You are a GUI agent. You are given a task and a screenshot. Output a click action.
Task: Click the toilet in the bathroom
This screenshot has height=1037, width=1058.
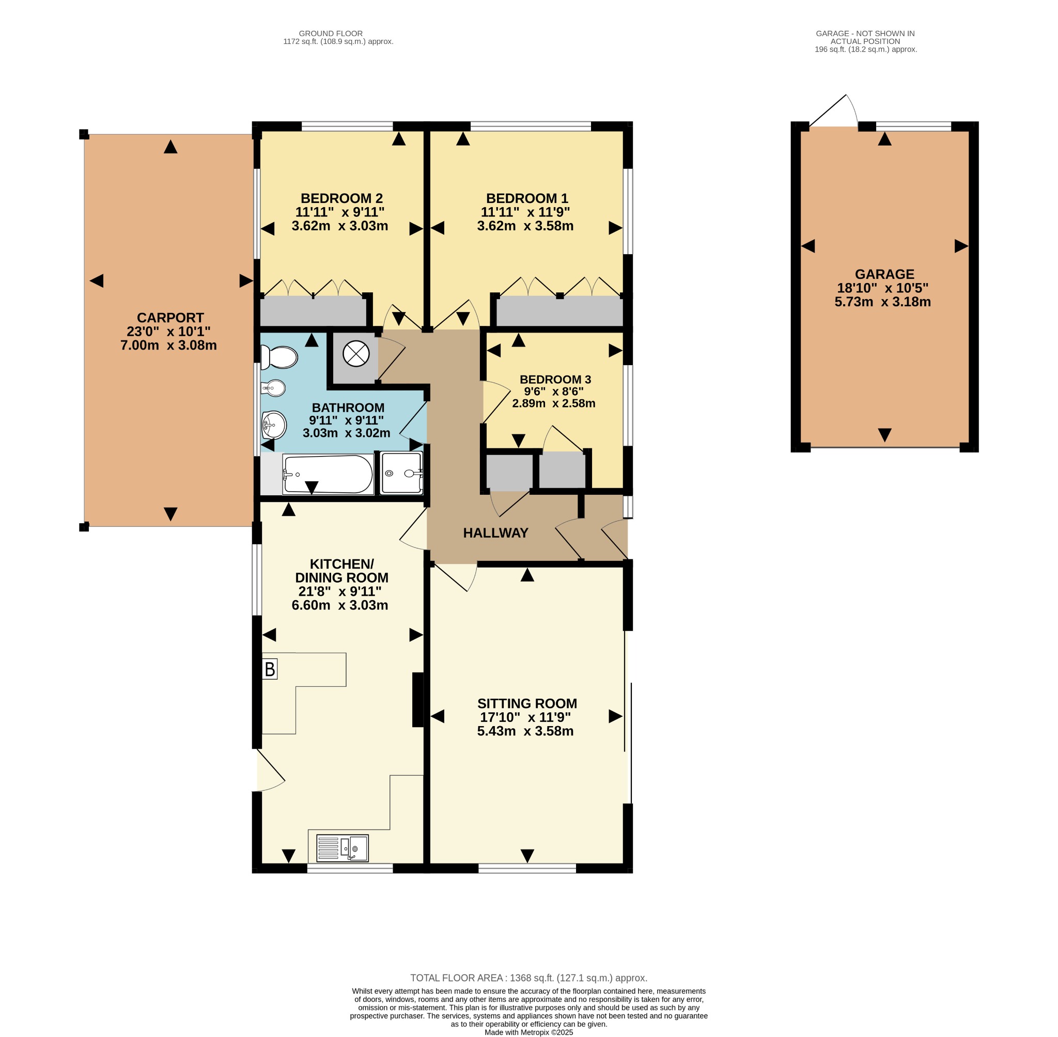point(279,358)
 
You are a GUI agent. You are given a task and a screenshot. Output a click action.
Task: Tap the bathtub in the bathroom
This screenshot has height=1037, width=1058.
point(328,475)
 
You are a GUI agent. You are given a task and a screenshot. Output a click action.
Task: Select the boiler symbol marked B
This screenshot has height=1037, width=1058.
point(270,669)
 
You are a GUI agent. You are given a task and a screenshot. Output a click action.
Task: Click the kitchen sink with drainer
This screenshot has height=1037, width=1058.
point(342,848)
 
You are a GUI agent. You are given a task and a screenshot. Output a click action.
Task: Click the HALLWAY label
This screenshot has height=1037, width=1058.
point(495,532)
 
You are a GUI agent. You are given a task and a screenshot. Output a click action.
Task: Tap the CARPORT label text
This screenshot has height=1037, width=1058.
point(170,318)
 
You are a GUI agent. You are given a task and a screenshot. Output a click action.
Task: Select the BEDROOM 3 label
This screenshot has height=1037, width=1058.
point(555,379)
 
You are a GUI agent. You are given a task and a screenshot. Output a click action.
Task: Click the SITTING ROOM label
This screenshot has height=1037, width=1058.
point(527,703)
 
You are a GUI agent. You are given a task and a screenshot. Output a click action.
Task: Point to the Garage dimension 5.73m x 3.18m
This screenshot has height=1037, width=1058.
point(882,302)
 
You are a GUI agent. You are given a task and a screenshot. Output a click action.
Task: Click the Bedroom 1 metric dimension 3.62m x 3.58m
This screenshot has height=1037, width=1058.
point(525,226)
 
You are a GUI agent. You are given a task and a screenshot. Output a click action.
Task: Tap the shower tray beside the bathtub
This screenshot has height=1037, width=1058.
point(401,473)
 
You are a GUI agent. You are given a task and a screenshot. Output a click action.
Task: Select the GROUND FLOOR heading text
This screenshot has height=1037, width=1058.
point(331,34)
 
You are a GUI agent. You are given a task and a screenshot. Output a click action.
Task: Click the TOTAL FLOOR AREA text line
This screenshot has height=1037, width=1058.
point(528,978)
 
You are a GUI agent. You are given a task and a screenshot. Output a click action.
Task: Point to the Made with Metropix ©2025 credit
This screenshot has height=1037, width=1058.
point(528,1032)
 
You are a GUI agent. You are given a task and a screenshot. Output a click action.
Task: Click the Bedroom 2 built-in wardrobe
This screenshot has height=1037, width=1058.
point(313,311)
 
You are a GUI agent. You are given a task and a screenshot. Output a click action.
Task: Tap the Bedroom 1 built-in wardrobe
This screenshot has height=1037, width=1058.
point(560,311)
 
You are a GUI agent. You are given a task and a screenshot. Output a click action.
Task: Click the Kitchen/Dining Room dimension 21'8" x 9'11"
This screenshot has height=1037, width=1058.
point(339,591)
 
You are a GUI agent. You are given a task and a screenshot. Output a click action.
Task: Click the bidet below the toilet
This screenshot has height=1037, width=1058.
point(274,388)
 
